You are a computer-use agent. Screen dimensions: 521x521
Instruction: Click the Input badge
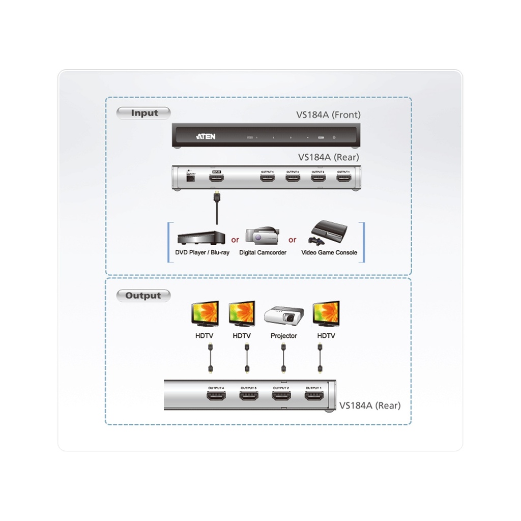click(x=144, y=113)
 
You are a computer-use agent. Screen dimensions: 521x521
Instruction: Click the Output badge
click(x=143, y=296)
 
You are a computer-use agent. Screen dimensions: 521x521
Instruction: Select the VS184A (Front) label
click(x=328, y=115)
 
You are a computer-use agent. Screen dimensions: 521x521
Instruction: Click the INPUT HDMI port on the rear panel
click(x=218, y=178)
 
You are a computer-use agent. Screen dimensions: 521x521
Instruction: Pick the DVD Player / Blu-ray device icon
click(x=201, y=238)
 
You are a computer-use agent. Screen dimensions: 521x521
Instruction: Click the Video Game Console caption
click(x=329, y=252)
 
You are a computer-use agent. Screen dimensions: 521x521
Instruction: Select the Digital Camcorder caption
click(x=263, y=252)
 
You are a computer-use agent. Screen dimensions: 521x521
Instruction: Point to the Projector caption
click(x=284, y=336)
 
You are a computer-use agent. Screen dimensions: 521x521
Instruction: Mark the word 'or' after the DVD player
click(x=235, y=240)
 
